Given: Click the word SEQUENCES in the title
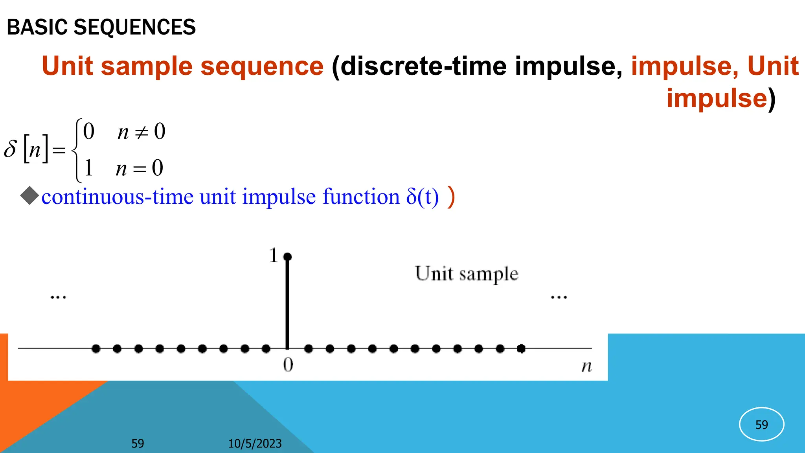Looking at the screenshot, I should [134, 27].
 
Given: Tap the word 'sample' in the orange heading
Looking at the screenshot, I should [146, 66].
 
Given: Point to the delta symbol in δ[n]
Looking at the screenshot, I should [11, 149].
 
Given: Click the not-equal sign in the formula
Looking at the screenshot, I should [141, 133].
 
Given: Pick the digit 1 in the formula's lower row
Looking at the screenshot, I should [88, 168].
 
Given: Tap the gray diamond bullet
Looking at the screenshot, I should [29, 196].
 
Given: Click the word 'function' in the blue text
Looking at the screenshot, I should [361, 197].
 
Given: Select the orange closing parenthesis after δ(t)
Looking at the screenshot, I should [451, 197].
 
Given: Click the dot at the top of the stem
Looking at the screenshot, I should [287, 257].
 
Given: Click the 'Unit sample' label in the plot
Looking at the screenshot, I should [467, 274].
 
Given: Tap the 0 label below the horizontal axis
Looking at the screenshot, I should [288, 365].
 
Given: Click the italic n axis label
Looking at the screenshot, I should [586, 366].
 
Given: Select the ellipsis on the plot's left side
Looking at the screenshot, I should [58, 297].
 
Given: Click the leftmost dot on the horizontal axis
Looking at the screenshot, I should [96, 348].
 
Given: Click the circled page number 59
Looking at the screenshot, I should [761, 425].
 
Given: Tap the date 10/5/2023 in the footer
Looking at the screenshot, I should [255, 444].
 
